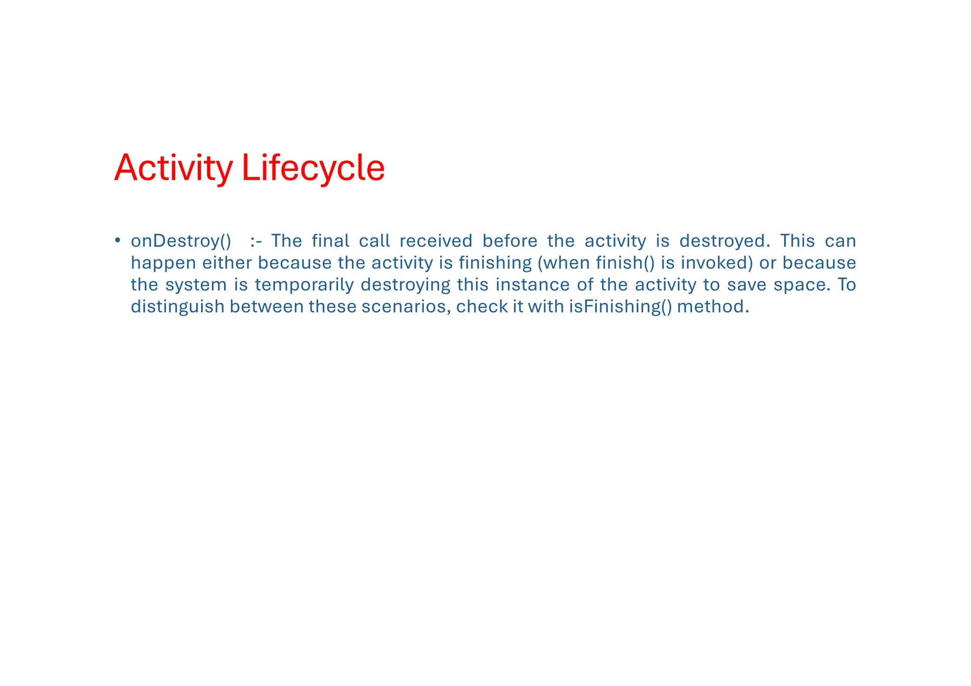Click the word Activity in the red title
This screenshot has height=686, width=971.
pyautogui.click(x=174, y=168)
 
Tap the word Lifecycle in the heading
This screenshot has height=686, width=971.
pyautogui.click(x=313, y=168)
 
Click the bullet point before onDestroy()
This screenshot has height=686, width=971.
pyautogui.click(x=117, y=240)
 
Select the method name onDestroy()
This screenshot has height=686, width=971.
pyautogui.click(x=181, y=241)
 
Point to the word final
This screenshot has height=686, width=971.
pyautogui.click(x=330, y=241)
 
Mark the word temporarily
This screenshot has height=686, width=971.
pyautogui.click(x=304, y=284)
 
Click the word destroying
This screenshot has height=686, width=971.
pyautogui.click(x=405, y=285)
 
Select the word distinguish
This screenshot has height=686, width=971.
pyautogui.click(x=177, y=307)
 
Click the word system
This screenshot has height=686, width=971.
pyautogui.click(x=196, y=285)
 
